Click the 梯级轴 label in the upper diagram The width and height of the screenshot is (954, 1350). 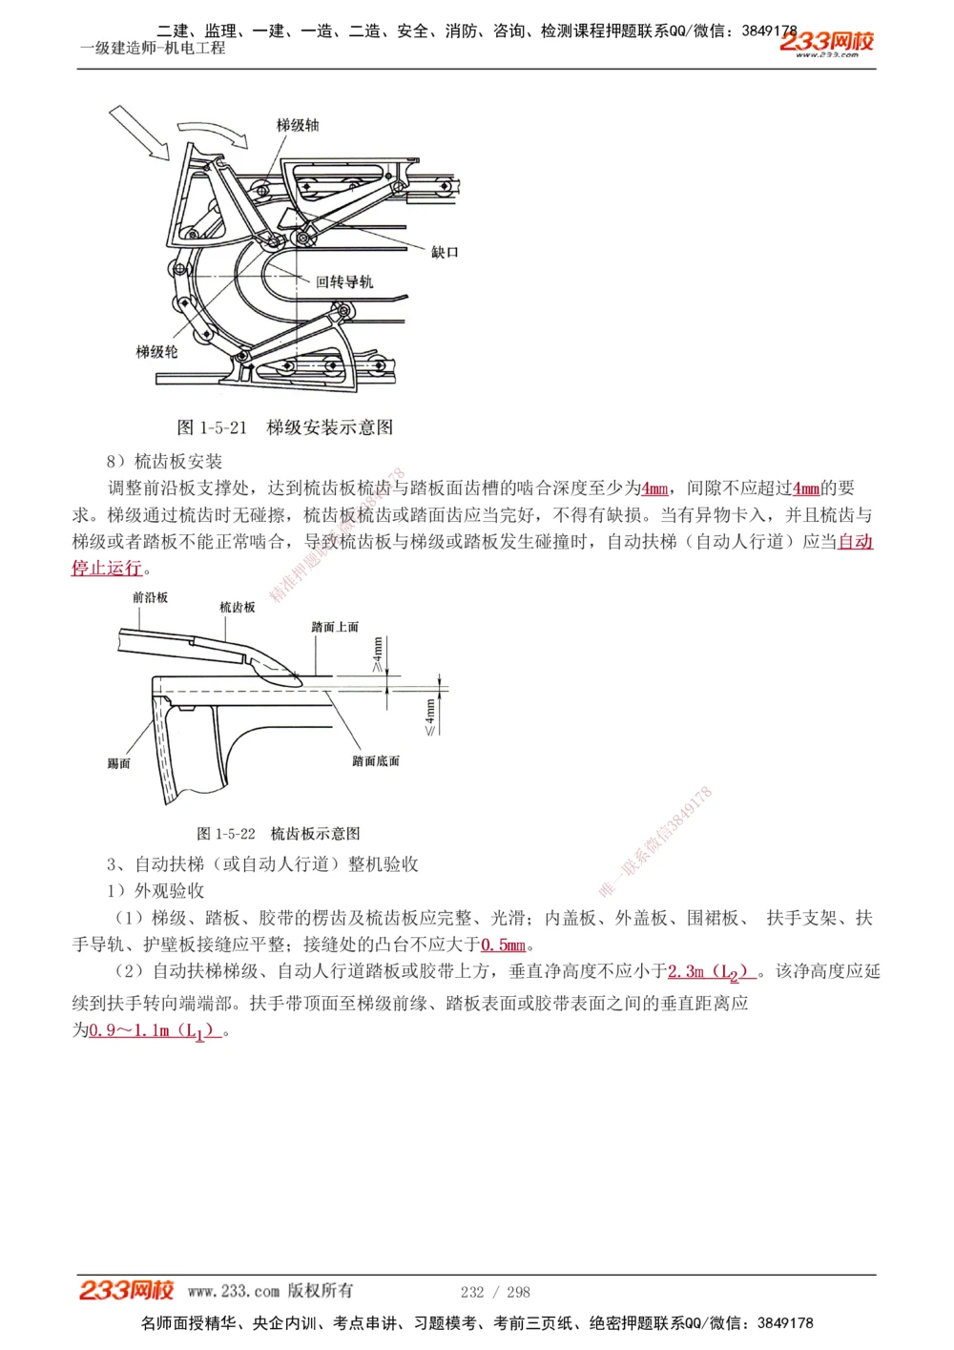pyautogui.click(x=298, y=125)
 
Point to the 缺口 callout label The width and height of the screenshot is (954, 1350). pyautogui.click(x=445, y=252)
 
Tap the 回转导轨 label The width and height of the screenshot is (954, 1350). pyautogui.click(x=344, y=281)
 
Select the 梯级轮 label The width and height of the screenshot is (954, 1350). pyautogui.click(x=156, y=351)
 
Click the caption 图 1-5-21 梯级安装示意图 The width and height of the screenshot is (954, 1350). pyautogui.click(x=285, y=427)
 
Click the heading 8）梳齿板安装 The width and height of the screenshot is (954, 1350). pyautogui.click(x=164, y=462)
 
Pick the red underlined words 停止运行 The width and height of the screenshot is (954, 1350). pyautogui.click(x=107, y=569)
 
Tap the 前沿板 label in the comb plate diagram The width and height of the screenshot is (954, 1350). pyautogui.click(x=150, y=597)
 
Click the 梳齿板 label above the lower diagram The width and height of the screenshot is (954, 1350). pyautogui.click(x=238, y=607)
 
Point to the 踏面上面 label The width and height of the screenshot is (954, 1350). pyautogui.click(x=335, y=627)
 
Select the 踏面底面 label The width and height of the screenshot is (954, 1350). pyautogui.click(x=375, y=760)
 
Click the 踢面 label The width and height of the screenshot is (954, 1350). pyautogui.click(x=118, y=763)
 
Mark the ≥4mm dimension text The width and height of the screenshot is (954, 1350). pyautogui.click(x=379, y=654)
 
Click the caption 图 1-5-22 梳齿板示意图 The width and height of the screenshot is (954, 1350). pyautogui.click(x=279, y=834)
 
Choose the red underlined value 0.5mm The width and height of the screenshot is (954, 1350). pyautogui.click(x=503, y=945)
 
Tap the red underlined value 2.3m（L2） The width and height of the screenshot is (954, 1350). pyautogui.click(x=711, y=972)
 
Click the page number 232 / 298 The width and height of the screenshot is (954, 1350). pyautogui.click(x=495, y=1292)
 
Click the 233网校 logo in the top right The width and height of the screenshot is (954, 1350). pyautogui.click(x=826, y=42)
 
